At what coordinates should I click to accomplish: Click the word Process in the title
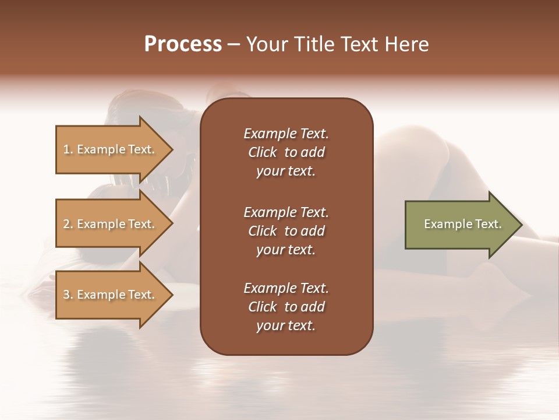[x=183, y=44]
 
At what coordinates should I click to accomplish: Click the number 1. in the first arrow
[x=68, y=149]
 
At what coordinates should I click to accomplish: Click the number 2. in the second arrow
[x=68, y=224]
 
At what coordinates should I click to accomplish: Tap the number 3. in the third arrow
[x=68, y=295]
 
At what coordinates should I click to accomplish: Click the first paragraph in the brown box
[x=286, y=152]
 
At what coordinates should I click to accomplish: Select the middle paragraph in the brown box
[x=286, y=231]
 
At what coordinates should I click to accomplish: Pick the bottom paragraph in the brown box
[x=286, y=307]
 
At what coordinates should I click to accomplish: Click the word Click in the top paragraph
[x=262, y=152]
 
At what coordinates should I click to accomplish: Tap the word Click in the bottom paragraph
[x=262, y=307]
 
